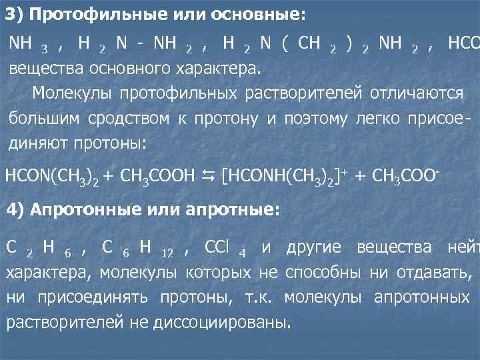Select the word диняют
(41, 143)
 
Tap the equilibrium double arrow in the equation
(208, 175)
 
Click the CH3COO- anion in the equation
(405, 175)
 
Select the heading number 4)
(17, 209)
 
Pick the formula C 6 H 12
(137, 248)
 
